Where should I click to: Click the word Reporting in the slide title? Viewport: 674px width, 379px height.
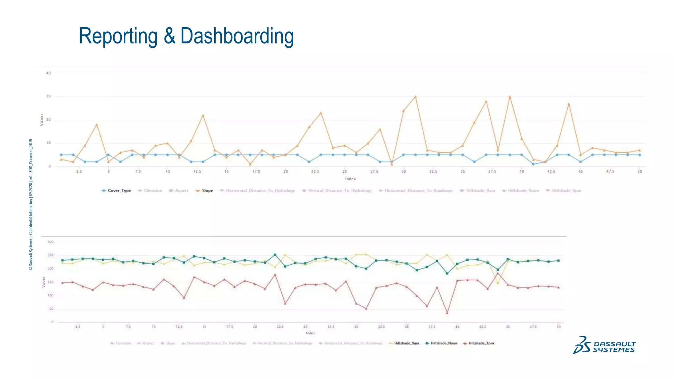pyautogui.click(x=118, y=36)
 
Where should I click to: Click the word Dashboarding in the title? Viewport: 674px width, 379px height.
pyautogui.click(x=237, y=36)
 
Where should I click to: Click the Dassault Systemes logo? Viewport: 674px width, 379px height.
pyautogui.click(x=605, y=345)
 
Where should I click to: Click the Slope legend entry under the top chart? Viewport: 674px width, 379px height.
pyautogui.click(x=207, y=190)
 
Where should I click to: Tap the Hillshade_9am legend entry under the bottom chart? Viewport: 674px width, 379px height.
pyautogui.click(x=406, y=343)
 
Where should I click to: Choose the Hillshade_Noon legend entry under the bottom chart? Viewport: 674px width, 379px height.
pyautogui.click(x=444, y=343)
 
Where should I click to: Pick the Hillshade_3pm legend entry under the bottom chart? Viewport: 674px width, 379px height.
pyautogui.click(x=481, y=343)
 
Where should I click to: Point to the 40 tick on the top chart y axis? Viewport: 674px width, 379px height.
pyautogui.click(x=48, y=73)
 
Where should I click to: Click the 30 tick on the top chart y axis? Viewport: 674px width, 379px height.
pyautogui.click(x=48, y=96)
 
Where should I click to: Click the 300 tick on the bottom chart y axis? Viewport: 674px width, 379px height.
pyautogui.click(x=50, y=242)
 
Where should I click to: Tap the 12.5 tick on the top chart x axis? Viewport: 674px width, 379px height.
pyautogui.click(x=197, y=171)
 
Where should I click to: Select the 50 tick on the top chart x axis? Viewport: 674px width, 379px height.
pyautogui.click(x=639, y=171)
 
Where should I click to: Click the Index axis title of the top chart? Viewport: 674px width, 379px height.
pyautogui.click(x=350, y=179)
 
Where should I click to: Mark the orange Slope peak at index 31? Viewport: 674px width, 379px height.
pyautogui.click(x=415, y=97)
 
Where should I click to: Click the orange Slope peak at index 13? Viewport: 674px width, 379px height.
pyautogui.click(x=203, y=115)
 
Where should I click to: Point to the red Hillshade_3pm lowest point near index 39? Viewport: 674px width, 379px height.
pyautogui.click(x=447, y=313)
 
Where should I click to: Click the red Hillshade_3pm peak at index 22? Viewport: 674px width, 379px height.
pyautogui.click(x=275, y=275)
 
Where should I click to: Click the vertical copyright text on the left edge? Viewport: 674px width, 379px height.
pyautogui.click(x=31, y=204)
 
